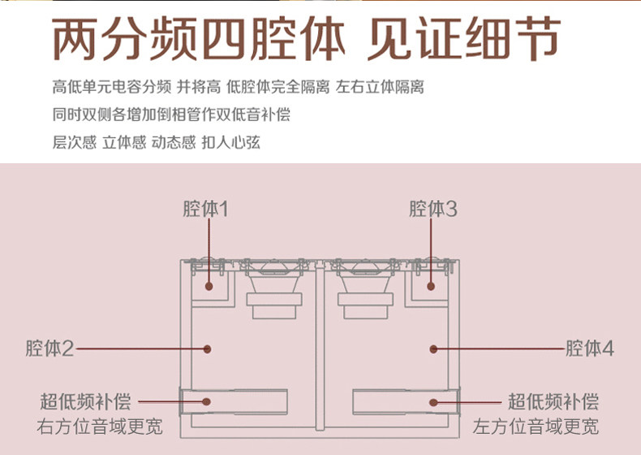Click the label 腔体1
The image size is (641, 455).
coord(204,210)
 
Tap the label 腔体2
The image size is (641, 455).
coord(49,349)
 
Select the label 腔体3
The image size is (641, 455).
coord(433,210)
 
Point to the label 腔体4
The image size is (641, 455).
coord(590,349)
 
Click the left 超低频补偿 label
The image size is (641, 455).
coord(85,401)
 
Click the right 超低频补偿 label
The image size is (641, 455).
coord(553,401)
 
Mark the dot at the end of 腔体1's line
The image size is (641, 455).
coord(209,286)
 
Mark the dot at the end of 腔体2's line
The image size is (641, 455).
coord(209,349)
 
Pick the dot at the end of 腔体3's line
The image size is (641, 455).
coord(433,286)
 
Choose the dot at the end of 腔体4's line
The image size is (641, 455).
coord(433,349)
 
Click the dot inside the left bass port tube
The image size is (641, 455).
coord(209,401)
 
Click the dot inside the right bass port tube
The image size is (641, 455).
coord(433,401)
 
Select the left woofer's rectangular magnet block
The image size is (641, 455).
coord(274,307)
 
